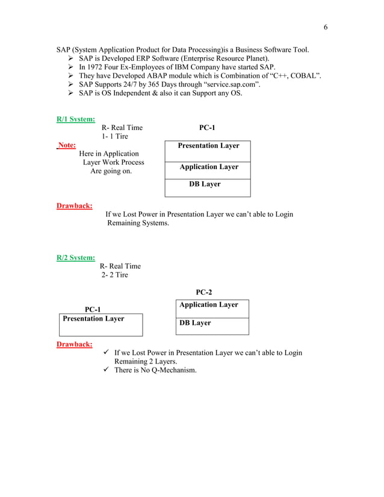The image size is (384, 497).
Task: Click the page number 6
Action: tap(326, 27)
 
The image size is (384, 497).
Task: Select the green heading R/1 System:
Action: tap(75, 119)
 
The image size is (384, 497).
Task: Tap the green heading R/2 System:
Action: tap(75, 258)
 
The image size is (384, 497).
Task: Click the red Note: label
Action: tap(67, 145)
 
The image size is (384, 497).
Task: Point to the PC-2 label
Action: tap(204, 292)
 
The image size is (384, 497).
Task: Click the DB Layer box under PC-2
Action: tap(212, 326)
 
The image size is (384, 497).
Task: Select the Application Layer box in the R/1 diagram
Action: tap(208, 169)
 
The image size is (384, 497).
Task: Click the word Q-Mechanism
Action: tap(172, 370)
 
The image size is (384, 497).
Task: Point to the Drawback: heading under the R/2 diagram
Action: tap(74, 344)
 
